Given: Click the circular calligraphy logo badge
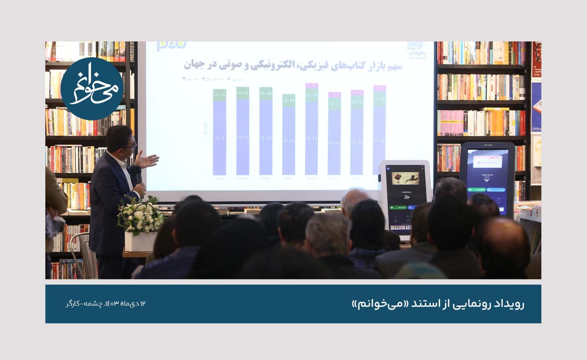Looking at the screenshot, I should pos(92,88).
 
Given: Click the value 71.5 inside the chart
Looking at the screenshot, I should pos(219,138).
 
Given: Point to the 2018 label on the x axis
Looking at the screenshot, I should pos(242,179).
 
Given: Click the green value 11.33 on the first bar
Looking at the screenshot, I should pos(219,95).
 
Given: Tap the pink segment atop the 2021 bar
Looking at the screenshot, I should pos(312,86).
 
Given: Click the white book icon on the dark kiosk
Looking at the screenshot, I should pos(487,177).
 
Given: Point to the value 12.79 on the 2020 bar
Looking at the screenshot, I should pos(288,100).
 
